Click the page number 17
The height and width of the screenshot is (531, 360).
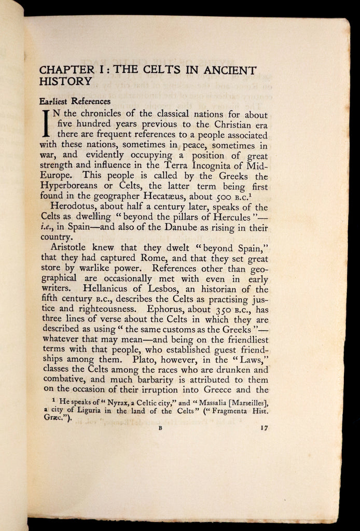click(262, 428)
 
